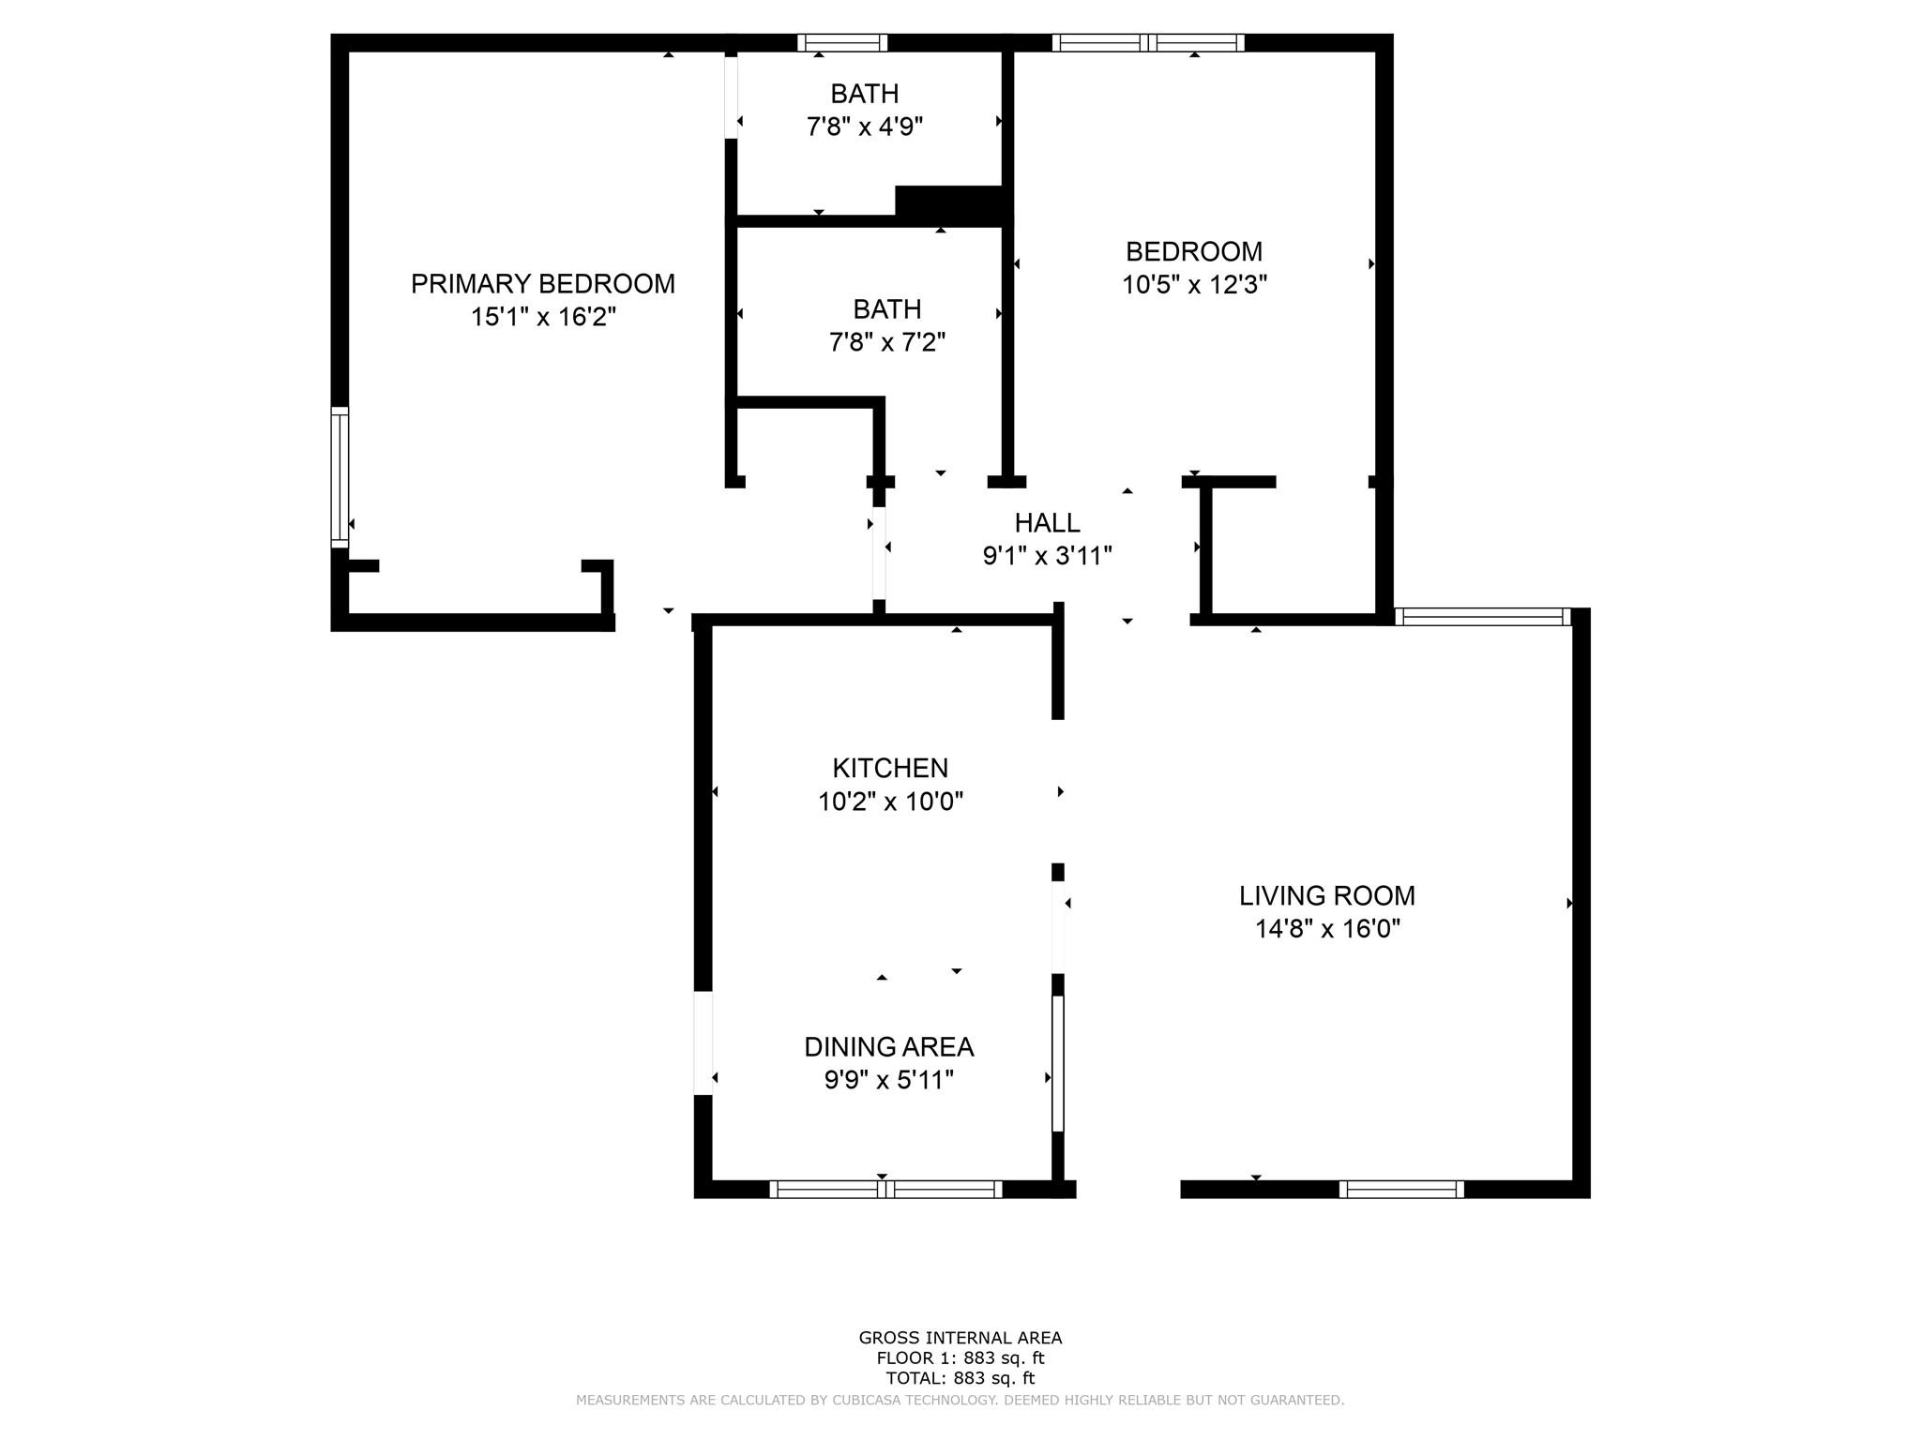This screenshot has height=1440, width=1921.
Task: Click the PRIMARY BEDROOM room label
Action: [543, 283]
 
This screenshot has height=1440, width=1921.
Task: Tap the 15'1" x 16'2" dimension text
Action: [543, 317]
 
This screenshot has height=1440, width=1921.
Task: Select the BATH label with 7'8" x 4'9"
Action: [865, 94]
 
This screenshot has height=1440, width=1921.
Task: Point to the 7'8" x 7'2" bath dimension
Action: [887, 342]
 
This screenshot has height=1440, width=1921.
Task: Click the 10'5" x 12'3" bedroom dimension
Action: [1194, 284]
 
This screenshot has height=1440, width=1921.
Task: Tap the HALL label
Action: [1048, 522]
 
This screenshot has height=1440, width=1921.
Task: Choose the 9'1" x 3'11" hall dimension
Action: [1048, 556]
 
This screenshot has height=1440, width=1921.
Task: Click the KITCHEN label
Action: [890, 768]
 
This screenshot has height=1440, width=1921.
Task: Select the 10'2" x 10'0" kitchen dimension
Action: [890, 802]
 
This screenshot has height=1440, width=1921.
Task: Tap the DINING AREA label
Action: [889, 1046]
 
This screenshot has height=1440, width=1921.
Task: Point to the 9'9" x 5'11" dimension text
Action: [889, 1080]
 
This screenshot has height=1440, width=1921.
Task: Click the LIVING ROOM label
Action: [1327, 895]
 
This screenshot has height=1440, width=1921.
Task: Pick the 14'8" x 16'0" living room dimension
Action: [1327, 929]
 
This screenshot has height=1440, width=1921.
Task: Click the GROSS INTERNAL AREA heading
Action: [960, 1338]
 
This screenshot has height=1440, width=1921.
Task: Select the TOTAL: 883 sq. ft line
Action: [960, 1378]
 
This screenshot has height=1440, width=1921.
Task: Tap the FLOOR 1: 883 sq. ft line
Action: [960, 1357]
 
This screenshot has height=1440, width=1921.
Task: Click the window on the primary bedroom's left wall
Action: [340, 477]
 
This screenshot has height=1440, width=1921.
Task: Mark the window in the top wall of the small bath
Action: [842, 42]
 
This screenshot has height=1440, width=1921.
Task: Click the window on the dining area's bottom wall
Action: [886, 1190]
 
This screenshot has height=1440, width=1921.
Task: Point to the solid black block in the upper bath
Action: [952, 204]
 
